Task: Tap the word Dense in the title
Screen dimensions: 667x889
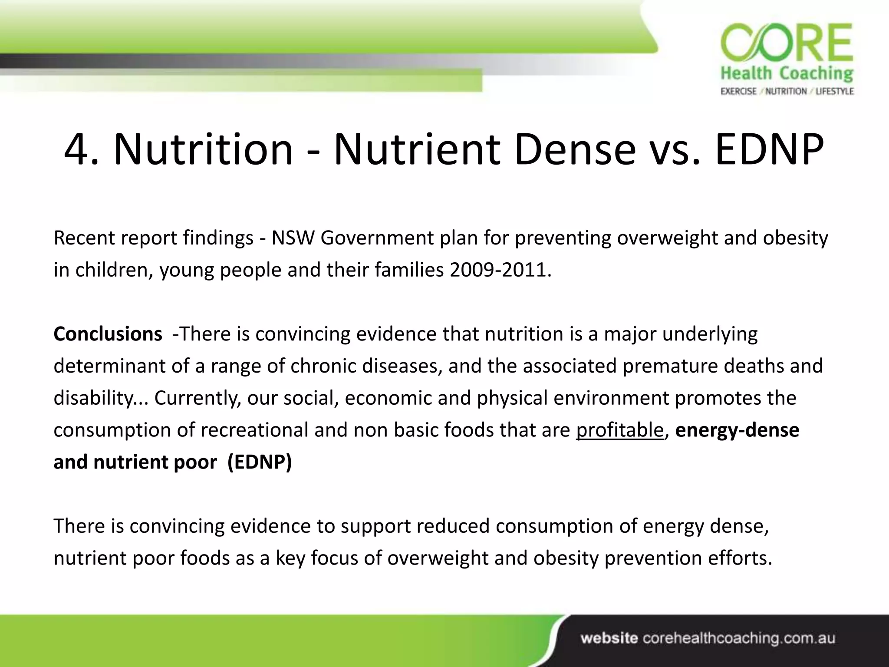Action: pos(575,150)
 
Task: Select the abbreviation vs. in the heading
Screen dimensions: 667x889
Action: pos(675,150)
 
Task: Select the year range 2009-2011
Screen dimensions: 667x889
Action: pos(499,270)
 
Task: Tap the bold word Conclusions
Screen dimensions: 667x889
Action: pos(108,334)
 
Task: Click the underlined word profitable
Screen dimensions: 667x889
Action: pos(620,430)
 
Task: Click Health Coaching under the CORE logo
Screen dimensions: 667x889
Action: pos(787,74)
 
